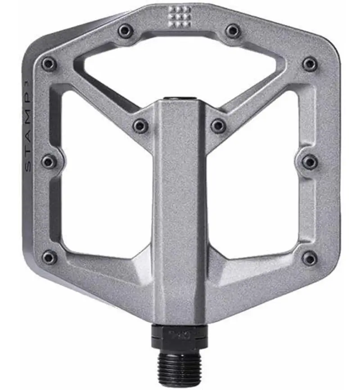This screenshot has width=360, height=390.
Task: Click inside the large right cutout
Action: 254,180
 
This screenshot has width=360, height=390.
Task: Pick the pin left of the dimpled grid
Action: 126,31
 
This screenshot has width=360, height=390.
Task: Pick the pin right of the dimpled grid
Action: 233,31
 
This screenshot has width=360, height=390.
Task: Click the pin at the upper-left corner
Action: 49,64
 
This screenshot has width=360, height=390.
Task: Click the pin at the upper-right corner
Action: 310,64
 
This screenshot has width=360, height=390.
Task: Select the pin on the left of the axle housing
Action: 140,126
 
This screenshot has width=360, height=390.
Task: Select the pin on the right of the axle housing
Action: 218,126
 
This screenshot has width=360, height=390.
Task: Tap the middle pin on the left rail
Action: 49,161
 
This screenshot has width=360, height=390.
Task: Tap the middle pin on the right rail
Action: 310,161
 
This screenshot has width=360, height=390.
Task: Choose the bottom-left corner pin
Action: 49,258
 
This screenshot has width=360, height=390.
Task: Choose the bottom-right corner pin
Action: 310,258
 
